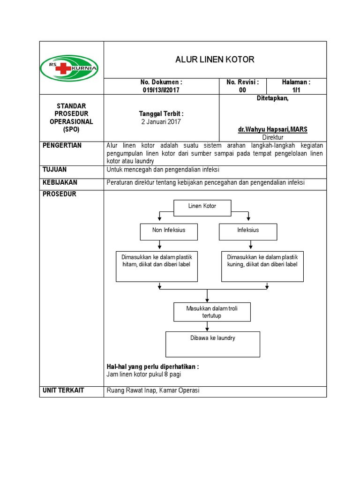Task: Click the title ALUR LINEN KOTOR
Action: point(215,60)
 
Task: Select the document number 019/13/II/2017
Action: point(161,90)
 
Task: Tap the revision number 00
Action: point(242,90)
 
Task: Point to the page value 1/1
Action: point(296,90)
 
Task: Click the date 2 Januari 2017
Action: point(161,121)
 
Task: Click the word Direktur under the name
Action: point(272,137)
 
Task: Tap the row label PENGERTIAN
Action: point(62,145)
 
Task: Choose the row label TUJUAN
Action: point(54,169)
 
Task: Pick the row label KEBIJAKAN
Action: point(60,182)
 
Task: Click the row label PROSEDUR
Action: point(58,194)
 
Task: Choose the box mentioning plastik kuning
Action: point(262,266)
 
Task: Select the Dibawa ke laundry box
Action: point(212,344)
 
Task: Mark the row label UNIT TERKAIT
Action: point(64,390)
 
